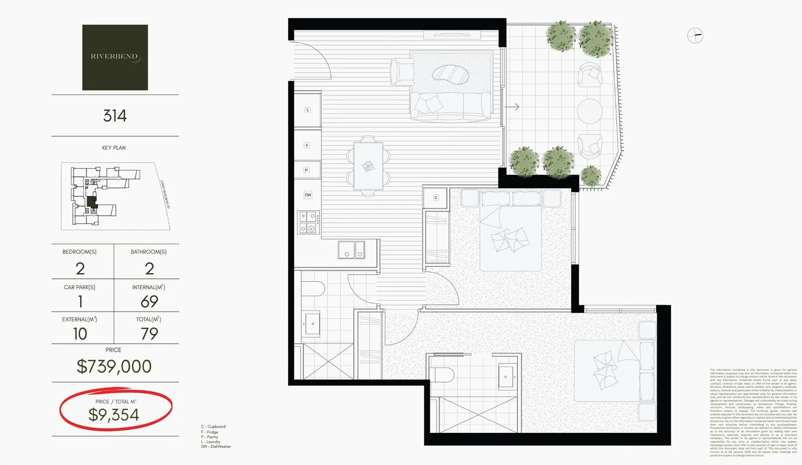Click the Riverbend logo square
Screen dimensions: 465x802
pyautogui.click(x=115, y=57)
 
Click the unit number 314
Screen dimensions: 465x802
pyautogui.click(x=115, y=115)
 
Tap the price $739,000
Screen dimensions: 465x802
pyautogui.click(x=114, y=366)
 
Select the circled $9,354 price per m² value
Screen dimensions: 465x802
pyautogui.click(x=114, y=414)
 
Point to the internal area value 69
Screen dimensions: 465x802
pyautogui.click(x=149, y=301)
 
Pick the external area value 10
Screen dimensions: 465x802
pyautogui.click(x=80, y=334)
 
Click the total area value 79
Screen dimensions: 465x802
pyautogui.click(x=149, y=334)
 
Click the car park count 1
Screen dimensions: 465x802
pyautogui.click(x=80, y=301)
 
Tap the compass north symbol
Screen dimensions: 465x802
pyautogui.click(x=695, y=36)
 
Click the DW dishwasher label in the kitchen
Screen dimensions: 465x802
pyautogui.click(x=308, y=195)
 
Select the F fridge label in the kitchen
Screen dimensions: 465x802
pyautogui.click(x=307, y=145)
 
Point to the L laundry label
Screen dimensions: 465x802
pyautogui.click(x=307, y=110)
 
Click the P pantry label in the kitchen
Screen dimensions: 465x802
pyautogui.click(x=306, y=170)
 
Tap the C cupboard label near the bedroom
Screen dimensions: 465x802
pyautogui.click(x=436, y=198)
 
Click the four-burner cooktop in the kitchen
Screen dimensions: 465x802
pyautogui.click(x=309, y=223)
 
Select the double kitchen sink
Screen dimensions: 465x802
pyautogui.click(x=351, y=250)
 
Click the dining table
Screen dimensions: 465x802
pyautogui.click(x=368, y=166)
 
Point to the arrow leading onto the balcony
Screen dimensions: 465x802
pyautogui.click(x=512, y=107)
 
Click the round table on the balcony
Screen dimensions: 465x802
pyautogui.click(x=590, y=111)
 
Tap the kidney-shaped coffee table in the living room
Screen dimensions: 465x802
pyautogui.click(x=451, y=75)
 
